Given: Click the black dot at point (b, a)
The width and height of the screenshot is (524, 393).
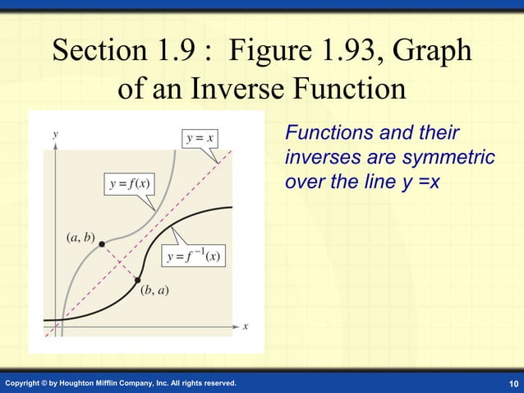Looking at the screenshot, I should [x=137, y=280].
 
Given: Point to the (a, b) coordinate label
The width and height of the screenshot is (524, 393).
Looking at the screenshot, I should [x=80, y=238].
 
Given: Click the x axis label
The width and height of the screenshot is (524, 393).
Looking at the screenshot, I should [x=245, y=326].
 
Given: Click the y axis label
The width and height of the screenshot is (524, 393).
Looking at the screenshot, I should [x=55, y=133].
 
